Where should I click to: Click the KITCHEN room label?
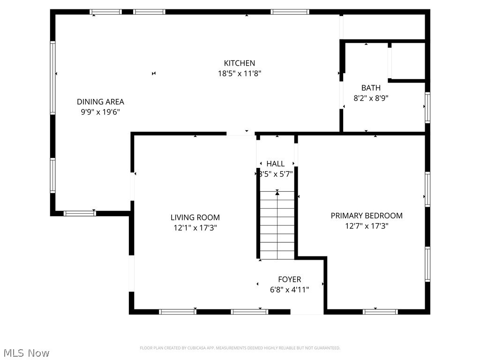point(239,63)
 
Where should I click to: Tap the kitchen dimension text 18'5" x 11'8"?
point(239,74)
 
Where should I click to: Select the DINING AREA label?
point(100,102)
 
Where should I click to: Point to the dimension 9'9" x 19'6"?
point(100,112)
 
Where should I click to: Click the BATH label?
point(371,88)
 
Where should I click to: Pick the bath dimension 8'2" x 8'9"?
point(371,98)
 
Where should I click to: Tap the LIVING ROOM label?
point(195,217)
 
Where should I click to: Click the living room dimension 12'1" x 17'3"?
point(195,228)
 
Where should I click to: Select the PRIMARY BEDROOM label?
point(367,216)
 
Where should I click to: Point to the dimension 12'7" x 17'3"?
point(367,226)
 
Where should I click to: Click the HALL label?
point(275,164)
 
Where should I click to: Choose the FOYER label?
point(289,279)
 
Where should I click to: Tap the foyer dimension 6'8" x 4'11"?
point(289,290)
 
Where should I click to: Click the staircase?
point(277,225)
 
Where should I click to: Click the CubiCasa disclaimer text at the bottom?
point(240,348)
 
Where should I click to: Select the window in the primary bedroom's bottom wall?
point(380,311)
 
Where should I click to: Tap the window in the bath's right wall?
point(427,107)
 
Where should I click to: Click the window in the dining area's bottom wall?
point(80,213)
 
